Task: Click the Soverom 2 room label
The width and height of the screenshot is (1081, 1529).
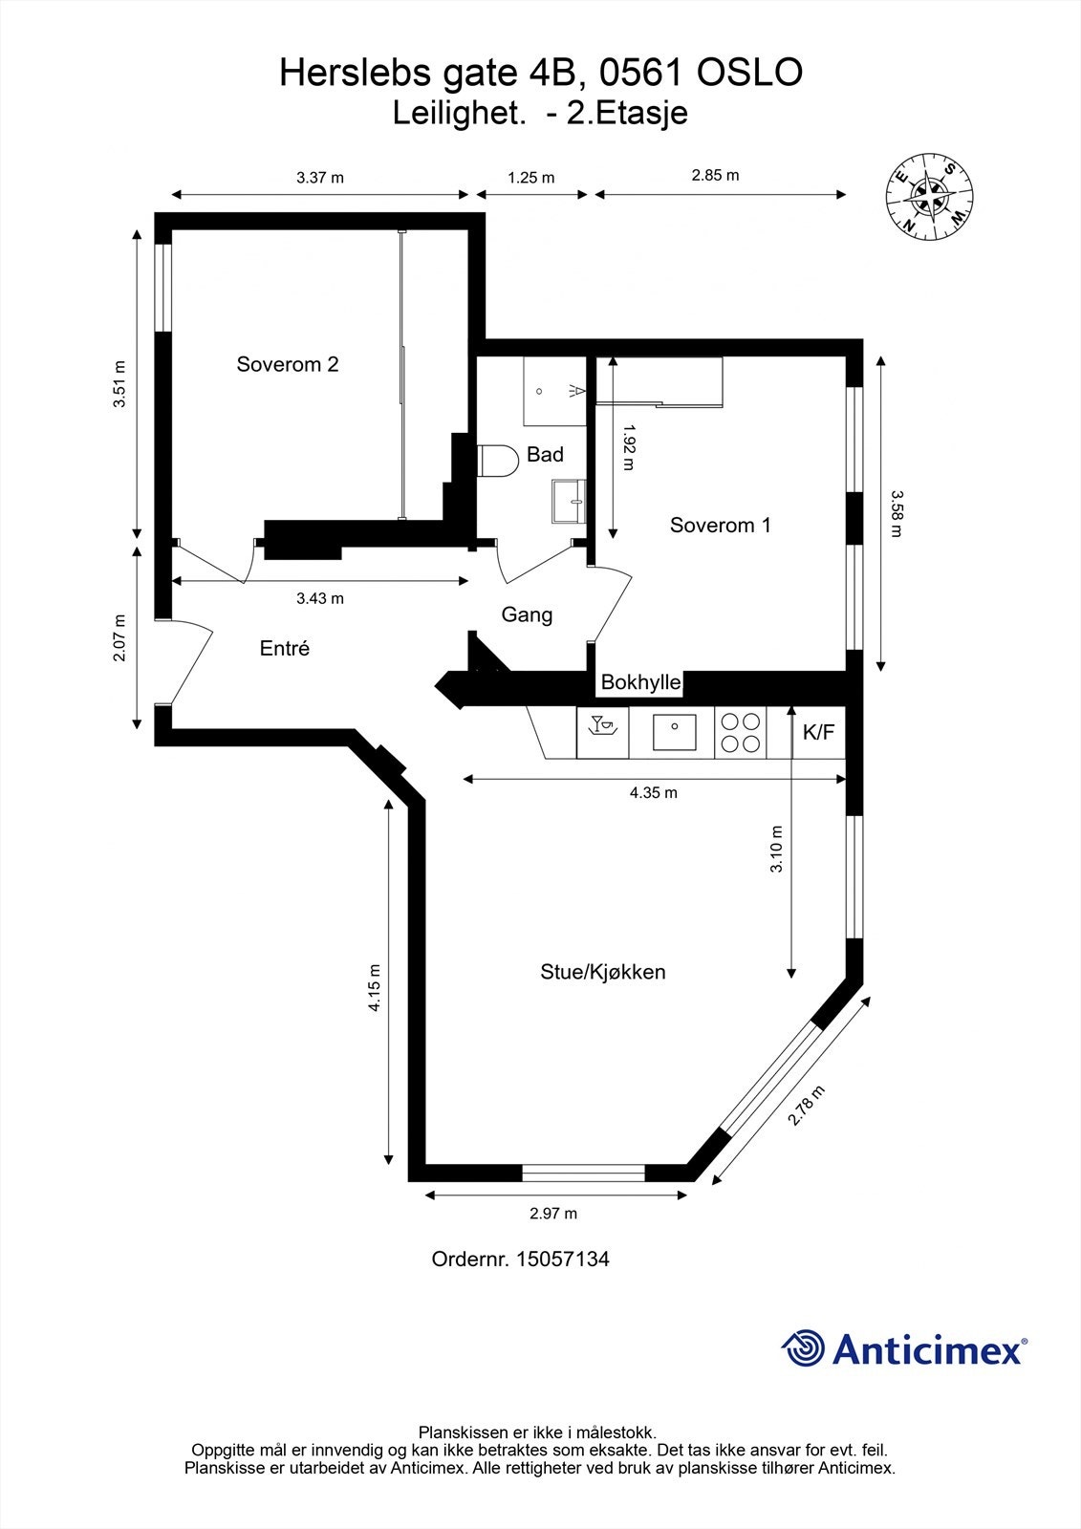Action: (x=288, y=364)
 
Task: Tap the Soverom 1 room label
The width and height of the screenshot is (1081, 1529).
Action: (x=721, y=525)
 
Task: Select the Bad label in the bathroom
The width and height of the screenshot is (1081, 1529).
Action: (x=545, y=455)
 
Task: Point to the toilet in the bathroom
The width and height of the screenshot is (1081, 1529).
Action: (x=497, y=461)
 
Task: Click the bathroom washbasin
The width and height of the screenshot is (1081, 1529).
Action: (x=569, y=501)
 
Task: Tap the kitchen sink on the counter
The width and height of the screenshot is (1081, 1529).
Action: (x=674, y=732)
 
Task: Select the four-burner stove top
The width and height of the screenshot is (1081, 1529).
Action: (x=740, y=732)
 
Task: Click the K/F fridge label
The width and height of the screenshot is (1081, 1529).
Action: (x=819, y=732)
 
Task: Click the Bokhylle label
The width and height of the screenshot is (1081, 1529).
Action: (x=641, y=682)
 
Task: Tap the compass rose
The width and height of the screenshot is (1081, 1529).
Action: (x=929, y=197)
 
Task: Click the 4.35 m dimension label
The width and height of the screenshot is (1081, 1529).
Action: (x=654, y=792)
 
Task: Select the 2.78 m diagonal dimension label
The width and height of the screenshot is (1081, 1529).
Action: (x=807, y=1105)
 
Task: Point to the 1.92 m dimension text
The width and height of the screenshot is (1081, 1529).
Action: (x=629, y=448)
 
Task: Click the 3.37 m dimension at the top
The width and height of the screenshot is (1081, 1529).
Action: (x=319, y=178)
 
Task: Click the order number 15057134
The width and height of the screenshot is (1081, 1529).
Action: (x=563, y=1260)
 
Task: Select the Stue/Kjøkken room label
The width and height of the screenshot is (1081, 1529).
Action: (x=603, y=972)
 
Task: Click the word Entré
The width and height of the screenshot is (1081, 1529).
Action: (x=285, y=648)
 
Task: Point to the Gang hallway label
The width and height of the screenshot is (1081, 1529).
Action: (x=528, y=615)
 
